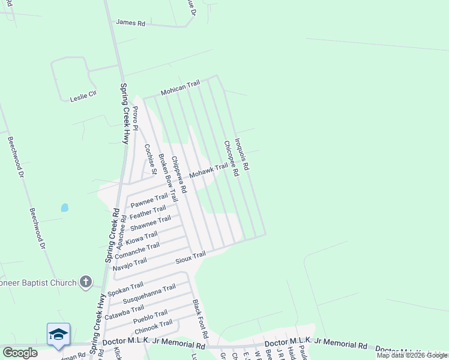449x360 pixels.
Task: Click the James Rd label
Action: [x=131, y=23]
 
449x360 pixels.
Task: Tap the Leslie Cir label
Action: [x=83, y=96]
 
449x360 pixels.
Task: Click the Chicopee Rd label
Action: [x=232, y=158]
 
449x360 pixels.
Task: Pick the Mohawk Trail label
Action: [x=209, y=172]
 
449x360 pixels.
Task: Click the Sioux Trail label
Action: [x=190, y=257]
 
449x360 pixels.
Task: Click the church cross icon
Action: [x=86, y=281]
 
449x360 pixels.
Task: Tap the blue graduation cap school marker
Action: [x=58, y=334]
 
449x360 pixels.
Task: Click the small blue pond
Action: [x=64, y=208]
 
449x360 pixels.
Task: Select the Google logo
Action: [x=20, y=353]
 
